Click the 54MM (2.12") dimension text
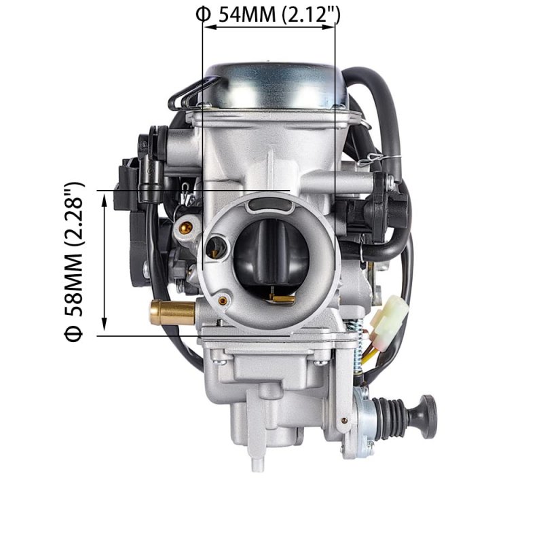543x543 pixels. pos(279,14)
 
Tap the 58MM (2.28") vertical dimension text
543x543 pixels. pos(74,249)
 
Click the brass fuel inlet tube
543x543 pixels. pos(172,312)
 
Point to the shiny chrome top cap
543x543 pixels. pos(276,86)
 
